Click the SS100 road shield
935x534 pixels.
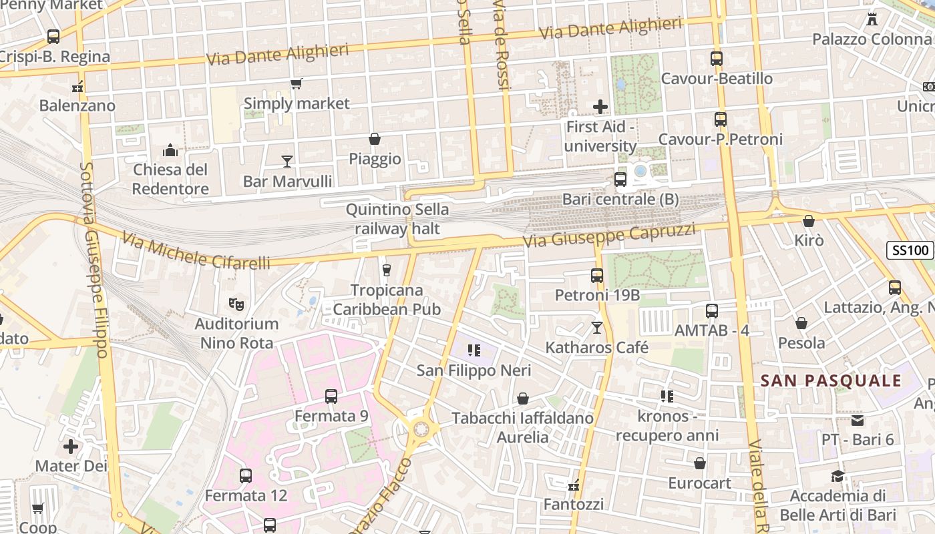pyautogui.click(x=910, y=251)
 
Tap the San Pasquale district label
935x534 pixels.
pyautogui.click(x=831, y=381)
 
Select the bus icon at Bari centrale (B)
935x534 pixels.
pyautogui.click(x=620, y=180)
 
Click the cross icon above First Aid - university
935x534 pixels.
pyautogui.click(x=600, y=107)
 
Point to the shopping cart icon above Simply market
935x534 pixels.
pyautogui.click(x=296, y=84)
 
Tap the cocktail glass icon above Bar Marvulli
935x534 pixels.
pyautogui.click(x=287, y=162)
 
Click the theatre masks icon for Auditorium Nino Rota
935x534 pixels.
pyautogui.click(x=236, y=304)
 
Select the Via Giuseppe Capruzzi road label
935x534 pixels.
pyautogui.click(x=608, y=235)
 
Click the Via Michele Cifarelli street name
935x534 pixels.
pyautogui.click(x=196, y=251)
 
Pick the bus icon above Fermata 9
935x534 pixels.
pyautogui.click(x=331, y=396)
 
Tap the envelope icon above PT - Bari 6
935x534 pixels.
pyautogui.click(x=858, y=421)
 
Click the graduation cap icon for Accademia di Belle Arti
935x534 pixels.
pyautogui.click(x=837, y=477)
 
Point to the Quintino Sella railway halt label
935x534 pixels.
pyautogui.click(x=397, y=219)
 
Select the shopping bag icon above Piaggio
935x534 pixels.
pyautogui.click(x=375, y=139)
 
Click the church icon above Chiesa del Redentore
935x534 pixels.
pyautogui.click(x=170, y=150)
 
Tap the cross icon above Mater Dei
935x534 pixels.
pyautogui.click(x=71, y=447)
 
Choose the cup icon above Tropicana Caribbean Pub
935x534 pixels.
pyautogui.click(x=386, y=270)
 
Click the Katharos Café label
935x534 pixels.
pyautogui.click(x=597, y=347)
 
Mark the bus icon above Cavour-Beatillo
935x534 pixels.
pyautogui.click(x=717, y=59)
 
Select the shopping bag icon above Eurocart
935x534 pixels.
pyautogui.click(x=699, y=463)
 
